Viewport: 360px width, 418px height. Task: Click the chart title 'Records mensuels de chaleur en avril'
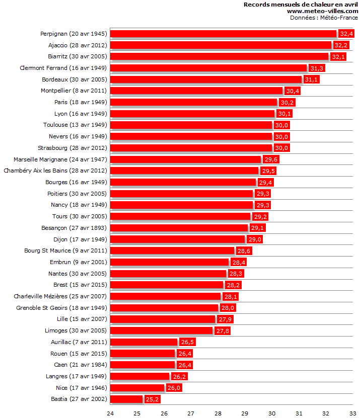click(x=301, y=5)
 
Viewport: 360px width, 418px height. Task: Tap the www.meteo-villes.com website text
click(x=322, y=11)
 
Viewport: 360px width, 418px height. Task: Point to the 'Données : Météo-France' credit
click(x=324, y=18)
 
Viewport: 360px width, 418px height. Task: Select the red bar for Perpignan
click(x=223, y=34)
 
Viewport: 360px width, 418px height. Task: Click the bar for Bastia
click(x=126, y=399)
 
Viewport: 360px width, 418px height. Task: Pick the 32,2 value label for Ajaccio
click(x=341, y=45)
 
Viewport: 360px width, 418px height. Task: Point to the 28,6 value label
click(x=244, y=250)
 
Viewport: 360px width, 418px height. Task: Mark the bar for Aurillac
click(x=144, y=342)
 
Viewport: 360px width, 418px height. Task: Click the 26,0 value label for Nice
click(x=174, y=388)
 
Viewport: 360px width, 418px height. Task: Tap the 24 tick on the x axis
click(x=110, y=413)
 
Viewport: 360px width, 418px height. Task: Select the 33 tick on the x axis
click(x=353, y=413)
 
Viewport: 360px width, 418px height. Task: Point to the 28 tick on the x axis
click(x=218, y=413)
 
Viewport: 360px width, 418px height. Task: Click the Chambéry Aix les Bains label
click(x=55, y=171)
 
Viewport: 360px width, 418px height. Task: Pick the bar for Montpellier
click(x=196, y=91)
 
